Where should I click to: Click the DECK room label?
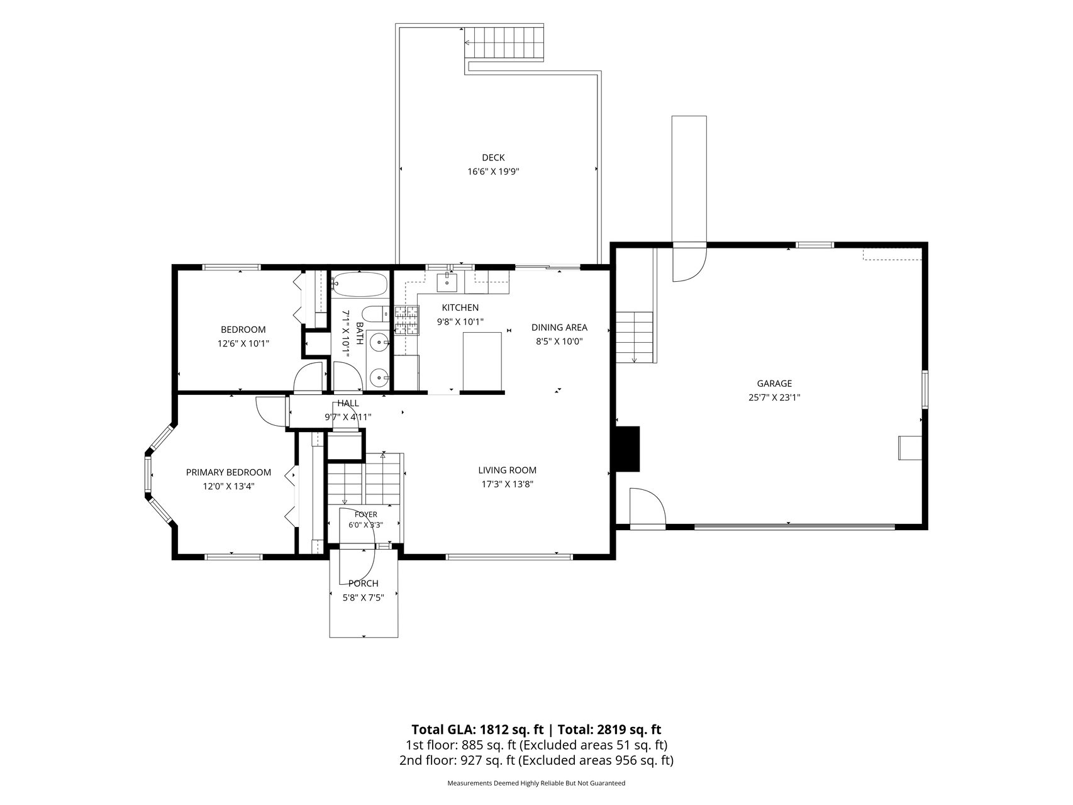(493, 158)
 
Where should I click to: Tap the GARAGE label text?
(774, 384)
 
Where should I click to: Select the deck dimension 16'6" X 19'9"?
(493, 171)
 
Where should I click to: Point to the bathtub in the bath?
(359, 284)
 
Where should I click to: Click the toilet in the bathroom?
(376, 313)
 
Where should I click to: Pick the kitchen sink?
(447, 282)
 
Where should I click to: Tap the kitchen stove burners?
(406, 320)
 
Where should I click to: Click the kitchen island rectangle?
(482, 361)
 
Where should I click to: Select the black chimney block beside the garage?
(627, 449)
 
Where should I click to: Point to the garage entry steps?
(634, 337)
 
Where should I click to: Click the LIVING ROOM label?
(507, 470)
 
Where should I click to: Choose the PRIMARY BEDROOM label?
(228, 472)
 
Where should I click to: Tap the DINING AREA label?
(559, 328)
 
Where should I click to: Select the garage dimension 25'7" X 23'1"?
(774, 397)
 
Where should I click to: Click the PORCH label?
(364, 584)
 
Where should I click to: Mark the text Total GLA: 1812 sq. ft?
(477, 730)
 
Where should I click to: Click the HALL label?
(348, 404)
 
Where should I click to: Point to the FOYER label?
(365, 514)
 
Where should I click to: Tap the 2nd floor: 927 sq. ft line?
(536, 760)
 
